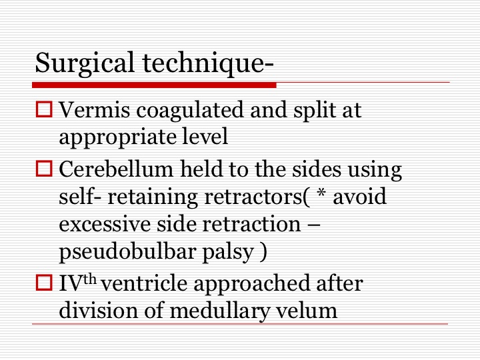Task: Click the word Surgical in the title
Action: (x=85, y=63)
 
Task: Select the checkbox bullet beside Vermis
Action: (x=44, y=109)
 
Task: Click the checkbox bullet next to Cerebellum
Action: (x=44, y=169)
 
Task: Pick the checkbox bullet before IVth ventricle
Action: (x=44, y=282)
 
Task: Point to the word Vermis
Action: (x=94, y=109)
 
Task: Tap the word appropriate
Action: (x=117, y=137)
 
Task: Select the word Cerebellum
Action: (x=116, y=169)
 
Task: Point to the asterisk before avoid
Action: (x=321, y=193)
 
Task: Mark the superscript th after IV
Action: (x=90, y=279)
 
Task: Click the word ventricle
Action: (x=145, y=284)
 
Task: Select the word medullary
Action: (x=220, y=311)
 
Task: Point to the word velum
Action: (x=307, y=311)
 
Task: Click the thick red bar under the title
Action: (x=154, y=85)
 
